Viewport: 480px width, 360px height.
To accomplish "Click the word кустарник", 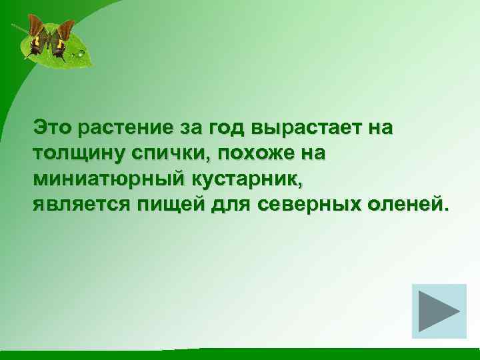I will pyautogui.click(x=235, y=178).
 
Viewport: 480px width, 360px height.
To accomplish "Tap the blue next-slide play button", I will pyautogui.click(x=439, y=311).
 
